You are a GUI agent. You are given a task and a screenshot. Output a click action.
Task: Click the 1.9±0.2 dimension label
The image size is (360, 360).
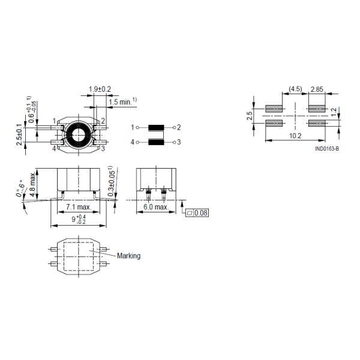[100, 89]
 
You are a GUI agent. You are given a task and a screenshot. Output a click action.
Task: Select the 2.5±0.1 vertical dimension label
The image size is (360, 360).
[20, 135]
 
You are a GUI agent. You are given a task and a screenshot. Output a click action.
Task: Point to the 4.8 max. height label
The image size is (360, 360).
[33, 184]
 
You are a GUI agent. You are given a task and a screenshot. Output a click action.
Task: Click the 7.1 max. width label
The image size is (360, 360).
[78, 207]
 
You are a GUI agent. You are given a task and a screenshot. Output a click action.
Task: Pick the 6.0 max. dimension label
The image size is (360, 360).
[156, 207]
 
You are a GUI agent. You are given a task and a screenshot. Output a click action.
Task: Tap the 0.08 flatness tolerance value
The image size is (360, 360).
[201, 213]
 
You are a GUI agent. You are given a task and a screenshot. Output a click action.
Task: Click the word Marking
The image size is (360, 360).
[128, 256]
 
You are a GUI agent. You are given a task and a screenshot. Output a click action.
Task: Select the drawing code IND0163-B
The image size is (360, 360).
[327, 149]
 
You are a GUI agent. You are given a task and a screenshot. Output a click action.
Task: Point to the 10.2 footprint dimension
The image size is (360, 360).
[295, 136]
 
